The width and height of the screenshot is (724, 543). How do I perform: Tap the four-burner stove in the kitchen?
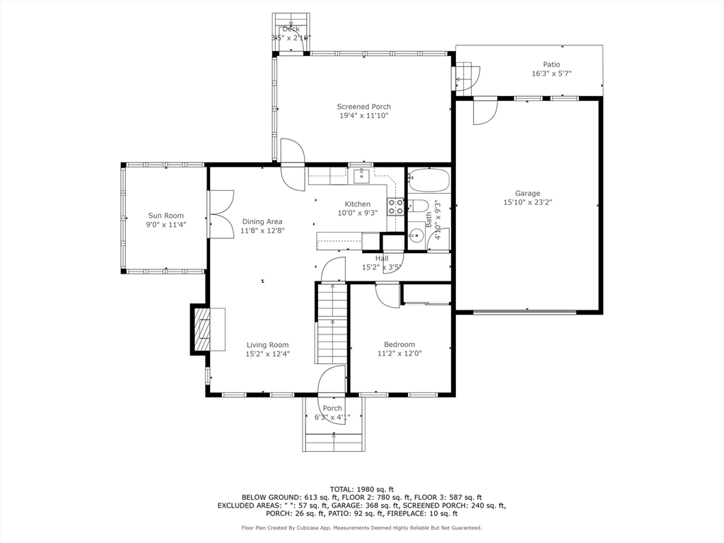(x=395, y=206)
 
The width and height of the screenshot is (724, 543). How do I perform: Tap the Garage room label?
(x=527, y=193)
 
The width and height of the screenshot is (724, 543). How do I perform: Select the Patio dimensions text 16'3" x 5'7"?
(x=551, y=74)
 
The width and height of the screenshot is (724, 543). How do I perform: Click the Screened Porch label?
(x=363, y=107)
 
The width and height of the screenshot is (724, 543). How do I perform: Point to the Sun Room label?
(x=165, y=216)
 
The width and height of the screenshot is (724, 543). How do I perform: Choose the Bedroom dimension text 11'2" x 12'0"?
(x=399, y=354)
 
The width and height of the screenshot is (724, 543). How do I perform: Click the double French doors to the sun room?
(x=221, y=214)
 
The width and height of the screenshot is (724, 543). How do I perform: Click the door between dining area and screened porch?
(x=292, y=163)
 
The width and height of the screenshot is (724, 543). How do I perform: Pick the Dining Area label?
(x=262, y=221)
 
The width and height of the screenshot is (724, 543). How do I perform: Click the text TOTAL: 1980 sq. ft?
(x=361, y=489)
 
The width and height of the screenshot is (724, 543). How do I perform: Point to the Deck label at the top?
(x=291, y=29)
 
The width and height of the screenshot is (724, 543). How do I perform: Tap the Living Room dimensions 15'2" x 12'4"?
(x=268, y=354)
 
